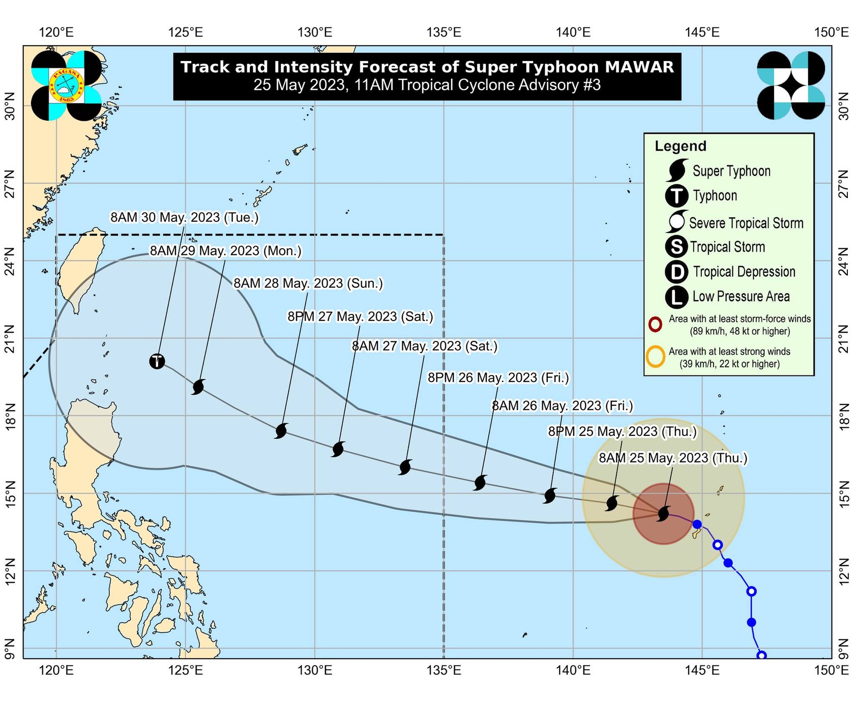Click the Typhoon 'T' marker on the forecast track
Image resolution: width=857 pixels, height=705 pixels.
[157, 361]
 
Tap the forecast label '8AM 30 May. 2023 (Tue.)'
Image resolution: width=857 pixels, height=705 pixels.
[185, 217]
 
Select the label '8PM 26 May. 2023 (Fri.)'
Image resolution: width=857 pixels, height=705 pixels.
[498, 377]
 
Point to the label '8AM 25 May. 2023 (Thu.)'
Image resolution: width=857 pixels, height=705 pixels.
[673, 458]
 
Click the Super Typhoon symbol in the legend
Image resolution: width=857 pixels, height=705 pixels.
[677, 170]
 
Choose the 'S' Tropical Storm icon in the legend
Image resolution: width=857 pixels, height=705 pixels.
[676, 247]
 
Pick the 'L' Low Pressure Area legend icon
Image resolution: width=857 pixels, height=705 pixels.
[676, 297]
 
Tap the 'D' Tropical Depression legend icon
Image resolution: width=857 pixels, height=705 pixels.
[676, 272]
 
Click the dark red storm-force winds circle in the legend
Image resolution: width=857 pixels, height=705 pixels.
[655, 324]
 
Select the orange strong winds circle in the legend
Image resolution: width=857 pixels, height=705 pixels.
[656, 357]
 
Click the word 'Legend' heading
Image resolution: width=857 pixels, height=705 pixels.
[681, 146]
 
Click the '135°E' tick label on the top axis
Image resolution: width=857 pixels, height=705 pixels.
[444, 33]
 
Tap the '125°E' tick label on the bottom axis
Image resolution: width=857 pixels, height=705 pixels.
[185, 670]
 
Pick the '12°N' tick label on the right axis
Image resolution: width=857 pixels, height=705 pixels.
[844, 571]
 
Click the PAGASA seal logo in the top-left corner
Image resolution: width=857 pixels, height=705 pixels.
[66, 85]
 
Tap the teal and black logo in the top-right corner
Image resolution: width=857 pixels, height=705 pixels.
[791, 85]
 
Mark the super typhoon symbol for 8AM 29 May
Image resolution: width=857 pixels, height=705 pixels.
[198, 387]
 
